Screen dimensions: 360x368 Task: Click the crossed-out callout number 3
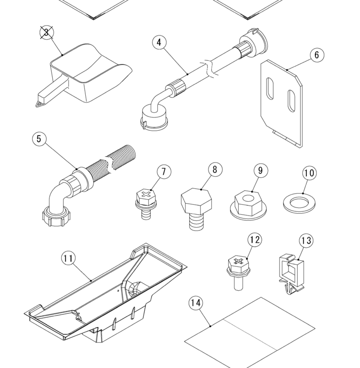[46, 33]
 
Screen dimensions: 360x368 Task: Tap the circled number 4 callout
[159, 43]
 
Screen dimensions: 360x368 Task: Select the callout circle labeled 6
[317, 55]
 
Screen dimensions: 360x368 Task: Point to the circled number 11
[69, 258]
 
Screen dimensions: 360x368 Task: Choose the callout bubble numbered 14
[196, 303]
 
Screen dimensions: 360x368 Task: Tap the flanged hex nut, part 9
[249, 205]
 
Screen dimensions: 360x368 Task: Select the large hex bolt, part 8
[197, 209]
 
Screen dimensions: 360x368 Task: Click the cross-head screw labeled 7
[146, 204]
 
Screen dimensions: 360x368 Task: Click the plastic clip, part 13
[291, 274]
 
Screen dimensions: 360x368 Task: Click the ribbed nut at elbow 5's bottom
[54, 218]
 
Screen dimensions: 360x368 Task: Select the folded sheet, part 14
[250, 333]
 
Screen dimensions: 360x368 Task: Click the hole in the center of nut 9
[247, 199]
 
